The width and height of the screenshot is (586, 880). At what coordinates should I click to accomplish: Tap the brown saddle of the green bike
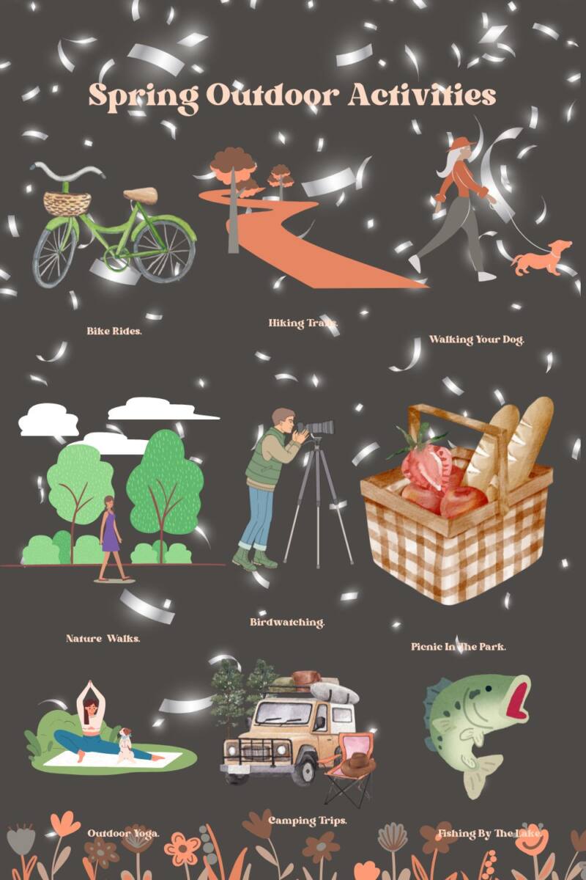[141, 195]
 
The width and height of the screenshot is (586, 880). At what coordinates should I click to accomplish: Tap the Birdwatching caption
[287, 623]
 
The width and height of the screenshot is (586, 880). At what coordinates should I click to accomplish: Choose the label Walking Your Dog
[477, 340]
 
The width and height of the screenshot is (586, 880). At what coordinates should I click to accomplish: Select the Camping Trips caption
[308, 820]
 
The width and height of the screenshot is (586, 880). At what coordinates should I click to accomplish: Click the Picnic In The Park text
[459, 647]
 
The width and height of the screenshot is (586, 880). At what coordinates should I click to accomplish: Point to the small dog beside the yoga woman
[127, 744]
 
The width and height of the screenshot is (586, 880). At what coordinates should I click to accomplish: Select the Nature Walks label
[103, 639]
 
